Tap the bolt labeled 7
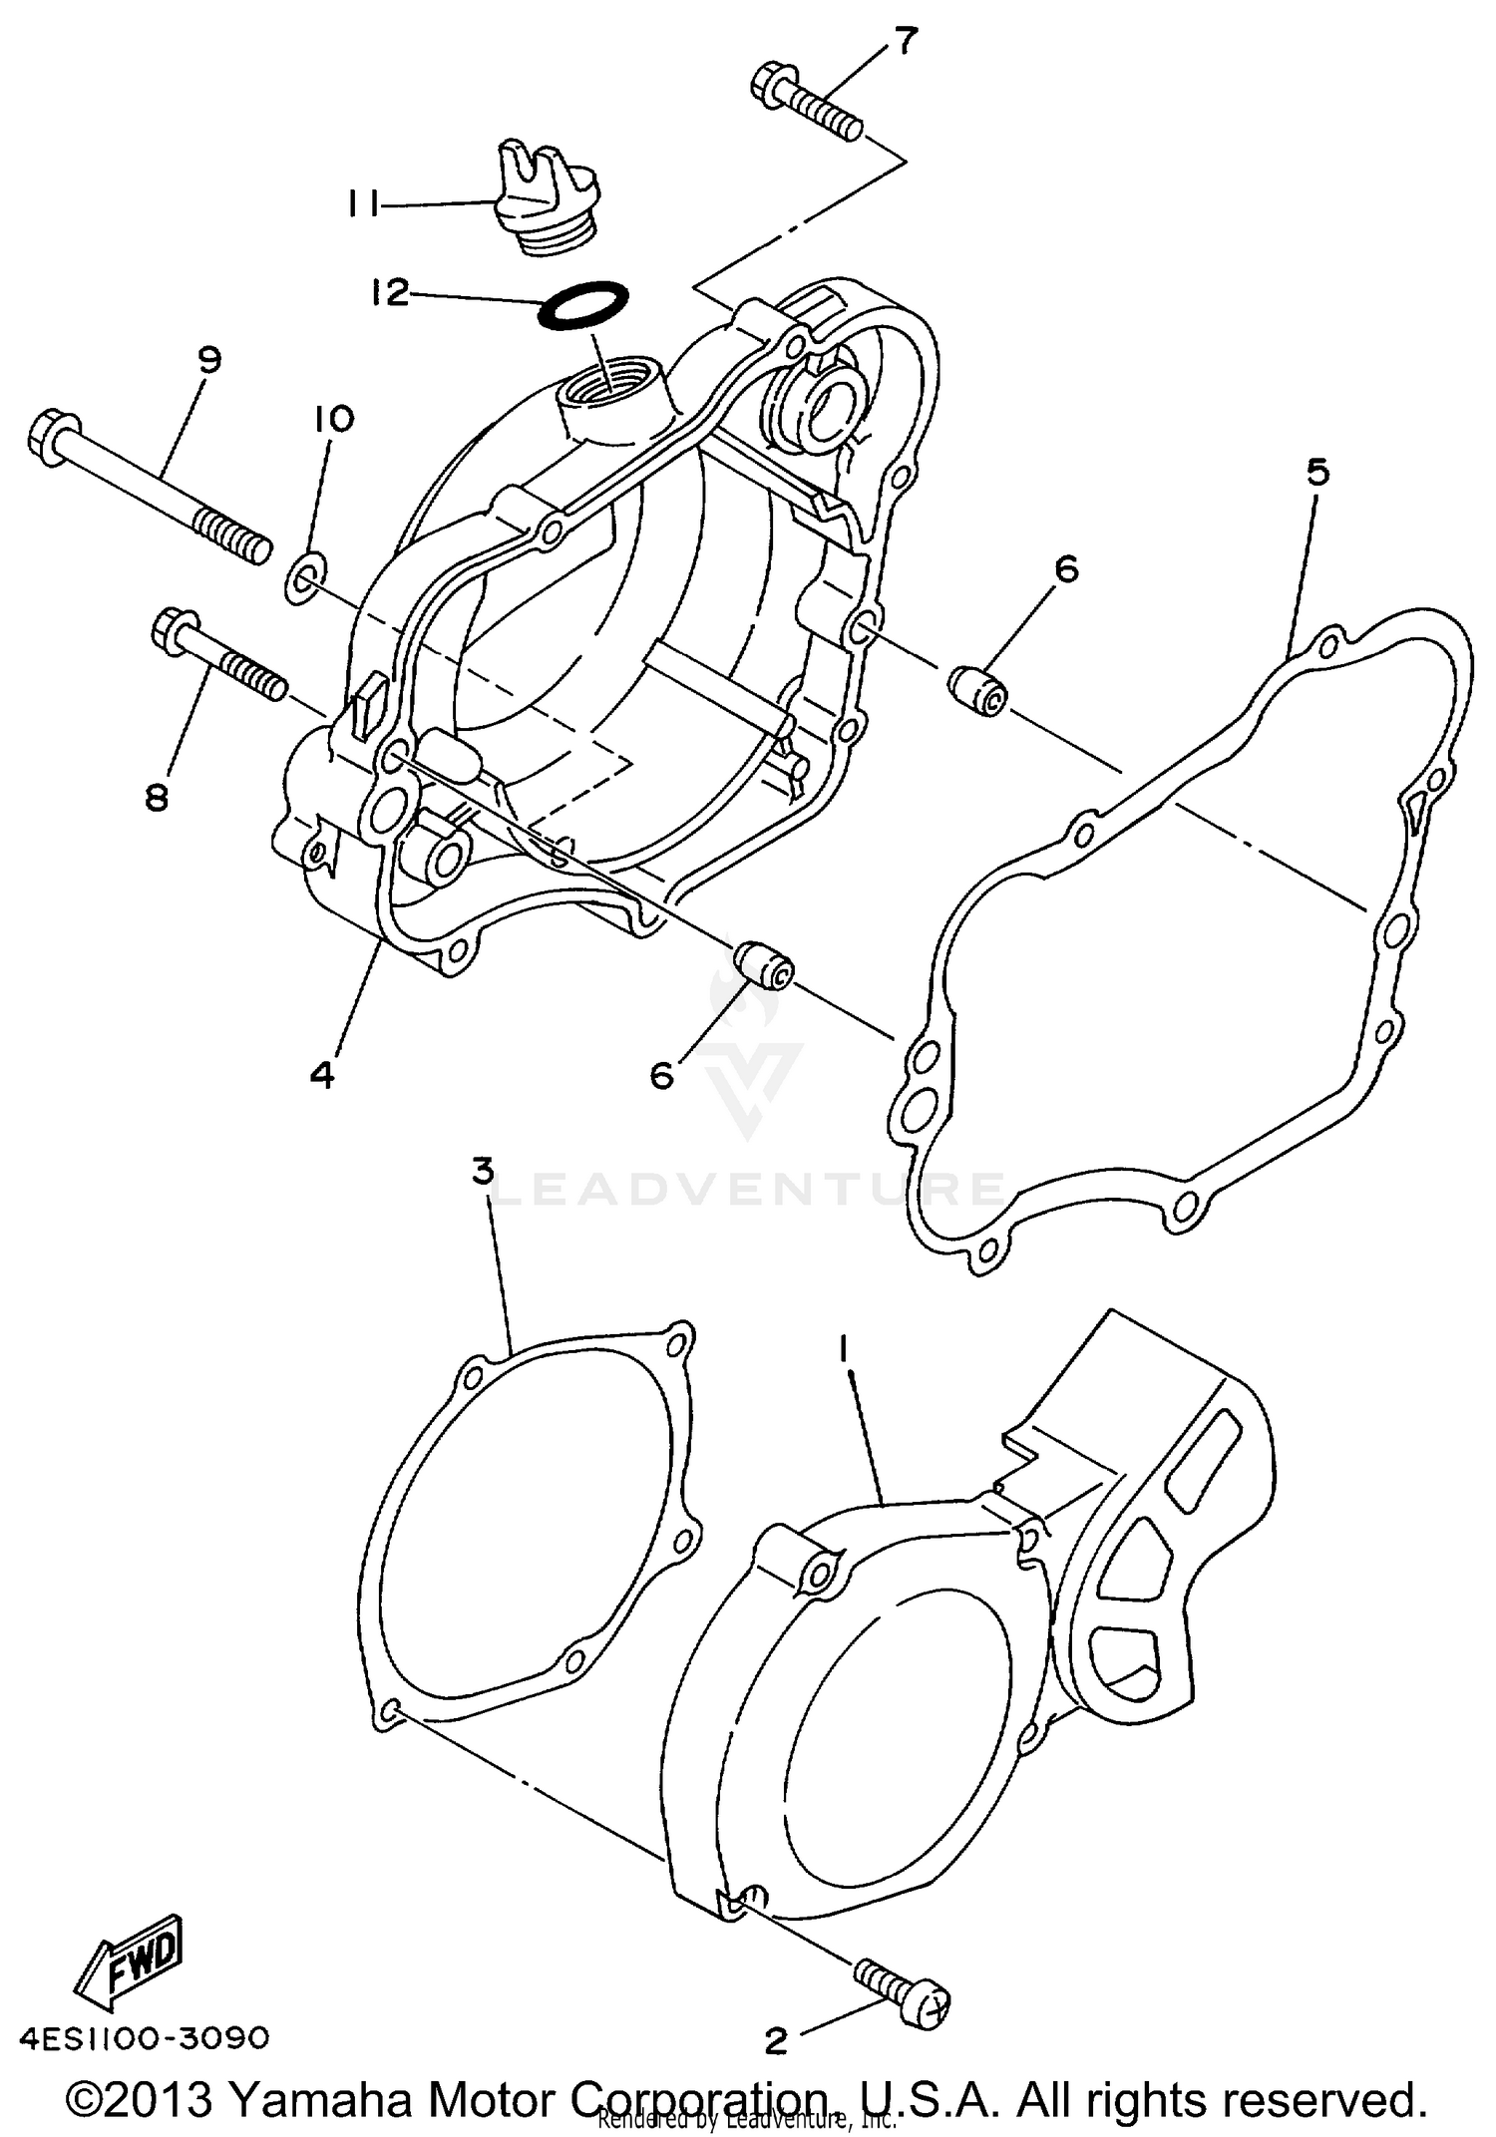pyautogui.click(x=804, y=103)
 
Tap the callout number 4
pyautogui.click(x=321, y=1074)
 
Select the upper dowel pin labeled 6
pyautogui.click(x=977, y=690)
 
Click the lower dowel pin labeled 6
pyautogui.click(x=765, y=963)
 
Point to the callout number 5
pyautogui.click(x=1317, y=473)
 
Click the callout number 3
pyautogui.click(x=483, y=1172)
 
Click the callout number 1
pyautogui.click(x=843, y=1350)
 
